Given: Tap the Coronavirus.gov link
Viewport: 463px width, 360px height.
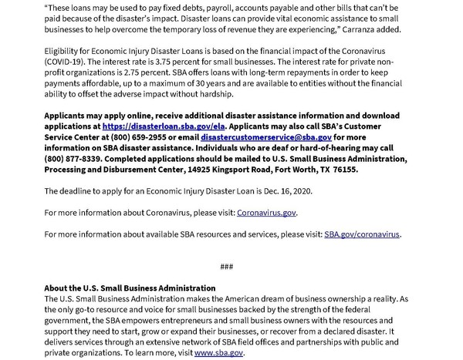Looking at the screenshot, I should click(266, 212).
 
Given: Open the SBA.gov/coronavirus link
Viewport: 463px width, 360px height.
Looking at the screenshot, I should click(362, 234).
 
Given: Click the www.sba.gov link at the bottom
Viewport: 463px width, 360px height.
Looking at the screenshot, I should click(218, 352).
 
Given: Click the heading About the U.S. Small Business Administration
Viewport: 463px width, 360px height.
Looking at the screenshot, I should click(130, 288).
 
